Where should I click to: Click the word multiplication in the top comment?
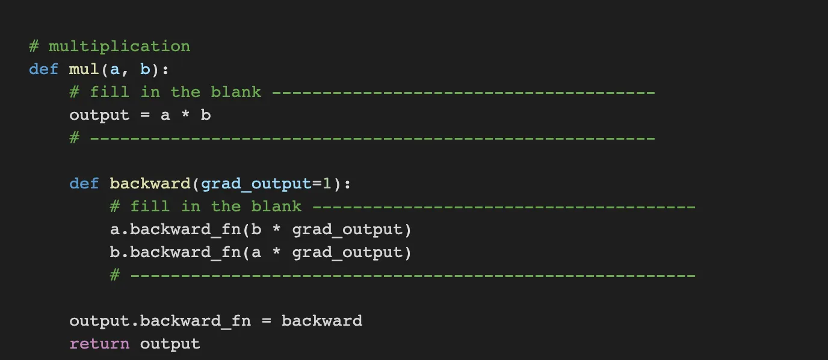[x=119, y=46]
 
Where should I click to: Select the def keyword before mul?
[x=43, y=69]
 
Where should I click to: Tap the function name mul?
[x=84, y=69]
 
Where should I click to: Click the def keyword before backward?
[x=84, y=184]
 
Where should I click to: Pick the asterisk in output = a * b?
[x=185, y=115]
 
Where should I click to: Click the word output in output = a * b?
[x=99, y=115]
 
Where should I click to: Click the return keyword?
[x=99, y=344]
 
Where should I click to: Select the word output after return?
[x=170, y=344]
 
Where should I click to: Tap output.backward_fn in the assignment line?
[x=160, y=321]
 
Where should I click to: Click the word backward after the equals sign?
[x=322, y=321]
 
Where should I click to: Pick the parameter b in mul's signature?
[x=145, y=69]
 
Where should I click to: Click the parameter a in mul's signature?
[x=114, y=69]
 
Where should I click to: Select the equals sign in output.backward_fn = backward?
[x=267, y=321]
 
